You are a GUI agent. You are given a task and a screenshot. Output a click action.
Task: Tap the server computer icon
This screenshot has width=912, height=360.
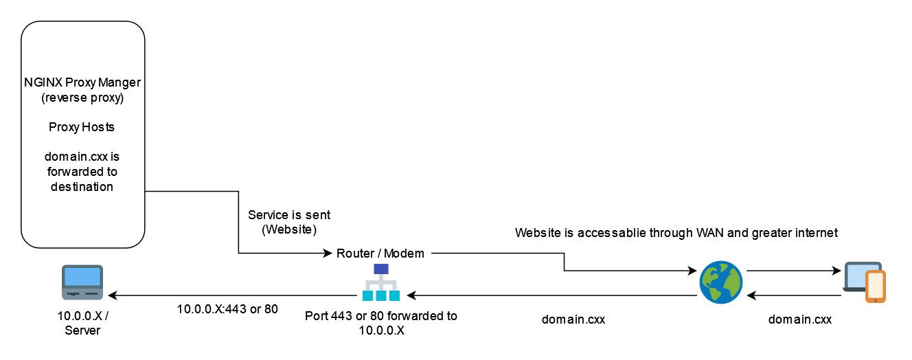click(x=82, y=282)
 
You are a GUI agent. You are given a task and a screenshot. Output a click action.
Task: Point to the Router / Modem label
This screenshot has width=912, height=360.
click(x=380, y=254)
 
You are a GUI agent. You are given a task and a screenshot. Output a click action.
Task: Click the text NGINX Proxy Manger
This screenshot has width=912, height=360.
click(x=82, y=83)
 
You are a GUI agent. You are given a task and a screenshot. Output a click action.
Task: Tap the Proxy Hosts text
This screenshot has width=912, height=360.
click(x=82, y=127)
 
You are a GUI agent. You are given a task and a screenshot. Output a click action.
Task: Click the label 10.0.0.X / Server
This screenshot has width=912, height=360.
click(x=82, y=324)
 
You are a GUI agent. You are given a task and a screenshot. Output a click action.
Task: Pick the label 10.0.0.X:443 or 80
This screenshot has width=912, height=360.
click(x=227, y=309)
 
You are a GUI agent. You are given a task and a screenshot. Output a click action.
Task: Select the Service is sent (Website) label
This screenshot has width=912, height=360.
click(x=288, y=222)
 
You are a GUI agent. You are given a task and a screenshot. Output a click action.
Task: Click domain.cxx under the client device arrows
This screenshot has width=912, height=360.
click(x=799, y=319)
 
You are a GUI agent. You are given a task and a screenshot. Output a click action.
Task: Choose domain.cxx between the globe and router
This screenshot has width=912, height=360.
click(x=573, y=319)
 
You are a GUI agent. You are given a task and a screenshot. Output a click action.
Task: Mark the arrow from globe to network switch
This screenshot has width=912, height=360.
click(x=549, y=295)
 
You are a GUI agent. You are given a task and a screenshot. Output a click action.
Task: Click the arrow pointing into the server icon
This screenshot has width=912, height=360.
click(x=233, y=295)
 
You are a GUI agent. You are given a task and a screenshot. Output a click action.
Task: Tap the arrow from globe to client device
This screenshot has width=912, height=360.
click(x=793, y=271)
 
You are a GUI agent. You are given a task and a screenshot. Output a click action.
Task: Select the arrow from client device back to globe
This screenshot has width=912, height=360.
click(x=793, y=295)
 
